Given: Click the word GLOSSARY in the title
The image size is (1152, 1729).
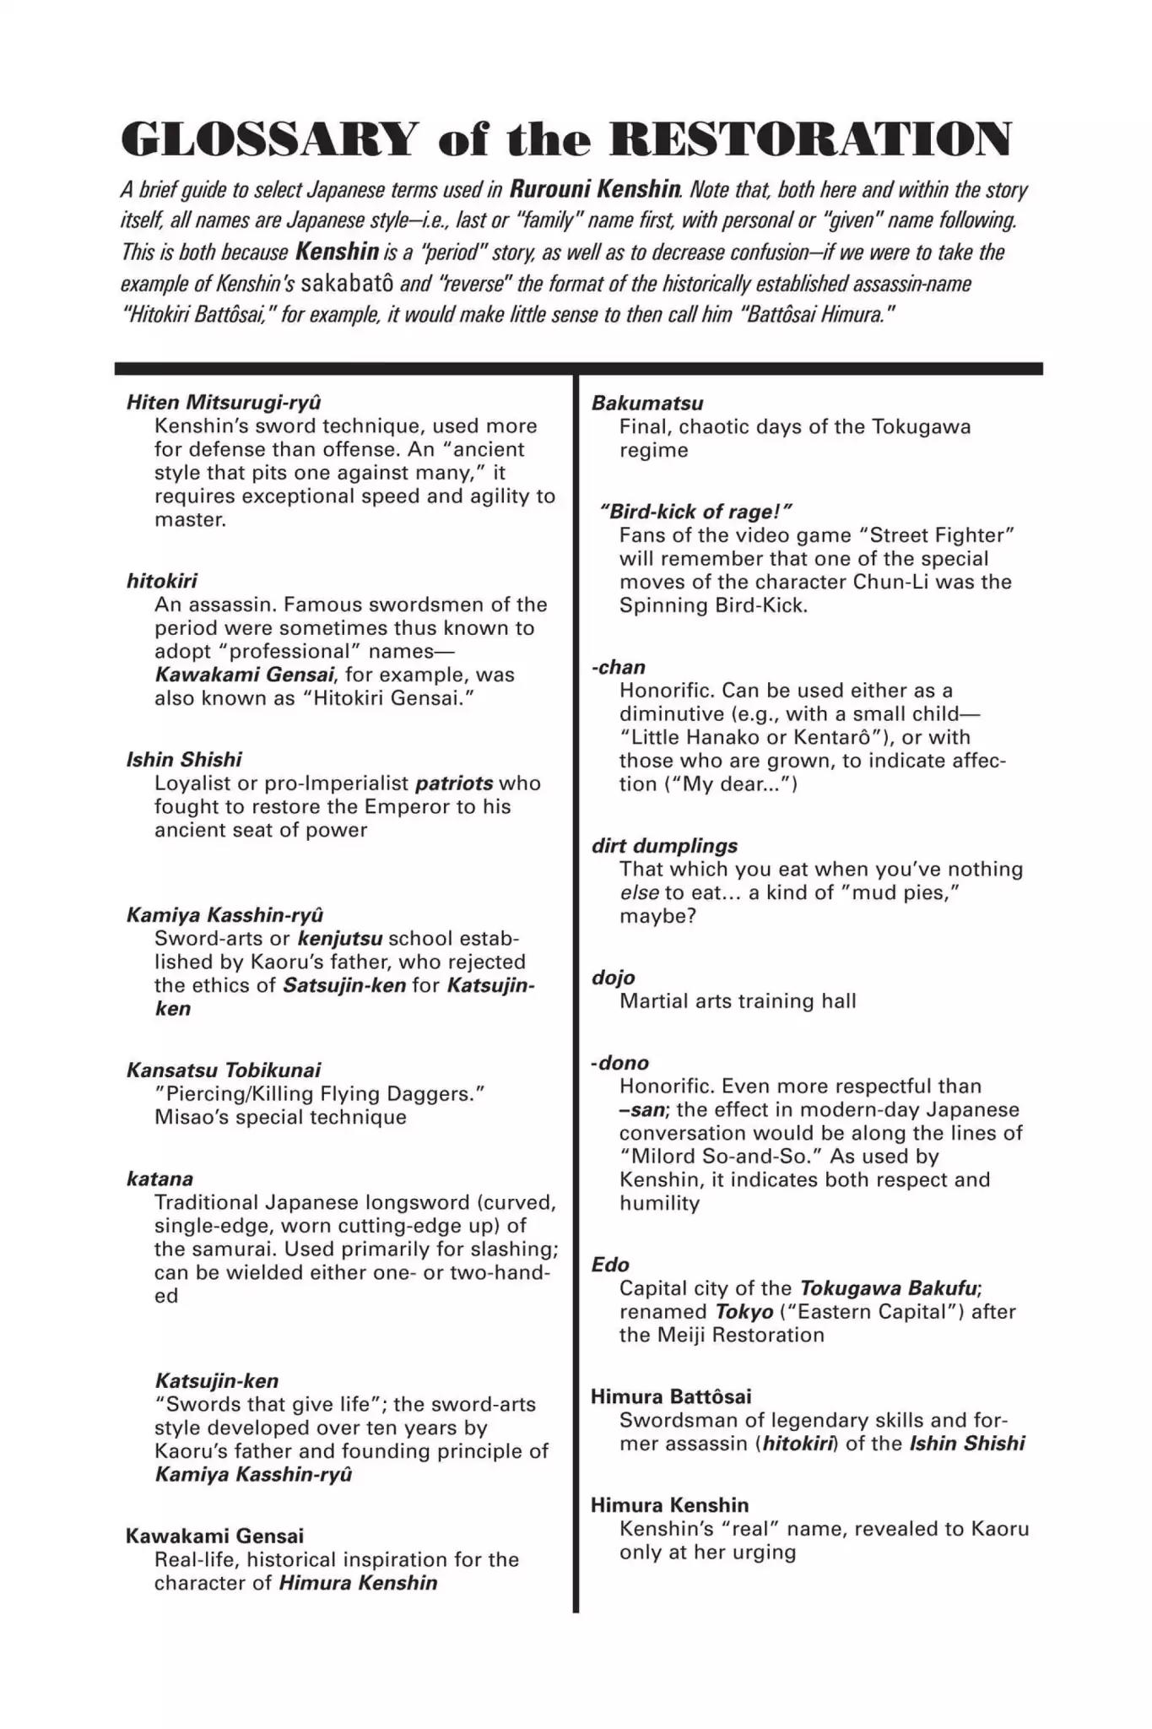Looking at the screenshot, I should coord(269,140).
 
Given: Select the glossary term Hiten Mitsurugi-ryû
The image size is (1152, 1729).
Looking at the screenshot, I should coord(224,402).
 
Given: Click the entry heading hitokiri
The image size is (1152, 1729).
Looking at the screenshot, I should coord(162,581).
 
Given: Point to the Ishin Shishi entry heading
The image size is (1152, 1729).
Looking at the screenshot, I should coord(184,760).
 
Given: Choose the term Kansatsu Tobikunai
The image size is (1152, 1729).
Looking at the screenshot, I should coord(224,1070).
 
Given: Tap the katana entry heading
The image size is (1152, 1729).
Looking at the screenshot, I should coord(160,1179).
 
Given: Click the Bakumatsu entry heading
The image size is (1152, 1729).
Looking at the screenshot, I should coord(647,403).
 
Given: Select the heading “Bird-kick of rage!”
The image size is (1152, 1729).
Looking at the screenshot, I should coord(696,512).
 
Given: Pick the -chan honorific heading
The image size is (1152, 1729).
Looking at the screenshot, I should coord(618,667).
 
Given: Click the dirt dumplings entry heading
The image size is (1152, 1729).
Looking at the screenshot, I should coord(664,846).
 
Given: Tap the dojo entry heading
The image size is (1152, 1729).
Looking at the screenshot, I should coord(614,978).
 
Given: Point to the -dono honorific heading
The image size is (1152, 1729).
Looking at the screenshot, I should coord(619,1063).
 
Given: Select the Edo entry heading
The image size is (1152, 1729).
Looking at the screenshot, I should coord(610,1265).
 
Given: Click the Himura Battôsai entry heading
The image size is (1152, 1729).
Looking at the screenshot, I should coord(671,1396).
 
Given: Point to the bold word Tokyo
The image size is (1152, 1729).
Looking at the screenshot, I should coord(744,1312).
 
